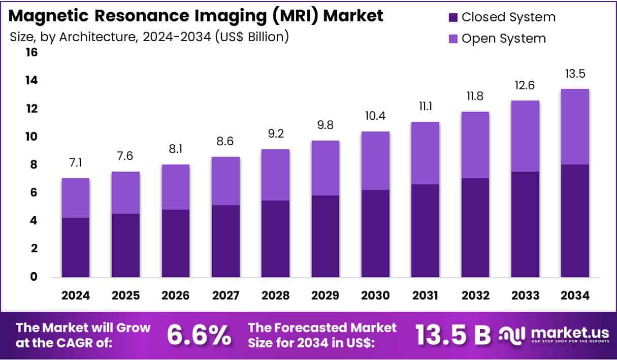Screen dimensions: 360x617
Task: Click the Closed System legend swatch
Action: (453, 18)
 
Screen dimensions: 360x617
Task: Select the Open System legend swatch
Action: (453, 39)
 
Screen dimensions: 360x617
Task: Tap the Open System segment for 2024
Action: (76, 198)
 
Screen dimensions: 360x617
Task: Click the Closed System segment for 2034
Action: (575, 221)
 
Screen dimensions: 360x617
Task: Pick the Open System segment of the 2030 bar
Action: (375, 161)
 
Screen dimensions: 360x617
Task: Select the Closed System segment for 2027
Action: (225, 241)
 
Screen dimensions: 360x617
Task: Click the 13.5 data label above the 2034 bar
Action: (575, 74)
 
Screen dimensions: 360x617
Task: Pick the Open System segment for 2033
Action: (525, 136)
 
